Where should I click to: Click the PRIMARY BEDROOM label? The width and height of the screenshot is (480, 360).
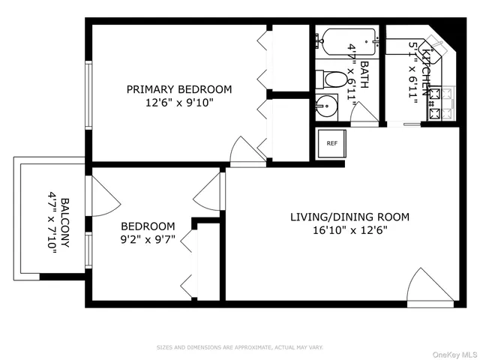click(x=178, y=89)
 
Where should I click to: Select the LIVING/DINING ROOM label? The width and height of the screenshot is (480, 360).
click(x=349, y=217)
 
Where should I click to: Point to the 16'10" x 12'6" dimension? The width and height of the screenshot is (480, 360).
click(x=349, y=231)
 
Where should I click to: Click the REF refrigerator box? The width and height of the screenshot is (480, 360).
click(x=330, y=142)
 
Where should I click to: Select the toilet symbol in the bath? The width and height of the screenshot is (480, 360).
click(x=331, y=78)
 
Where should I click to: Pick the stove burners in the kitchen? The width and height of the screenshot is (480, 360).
click(x=442, y=104)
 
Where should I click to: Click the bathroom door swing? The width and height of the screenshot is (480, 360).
click(x=365, y=113)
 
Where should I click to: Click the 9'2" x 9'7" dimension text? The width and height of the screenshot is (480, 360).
click(x=148, y=240)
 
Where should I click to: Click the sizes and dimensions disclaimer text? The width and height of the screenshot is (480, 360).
click(x=239, y=347)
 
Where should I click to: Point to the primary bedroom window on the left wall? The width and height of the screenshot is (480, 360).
click(x=88, y=90)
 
